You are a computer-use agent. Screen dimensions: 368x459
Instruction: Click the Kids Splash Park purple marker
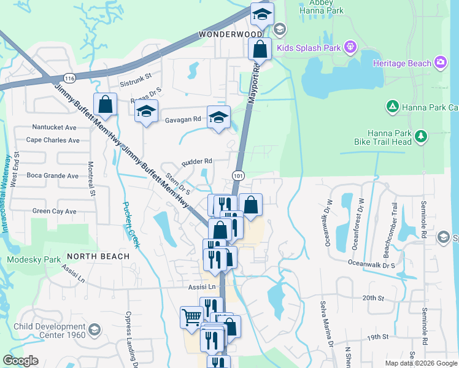[x=350, y=46]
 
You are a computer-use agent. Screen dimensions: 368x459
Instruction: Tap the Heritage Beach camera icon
[x=441, y=63]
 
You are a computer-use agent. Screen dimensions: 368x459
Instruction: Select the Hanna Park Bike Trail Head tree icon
[x=420, y=136]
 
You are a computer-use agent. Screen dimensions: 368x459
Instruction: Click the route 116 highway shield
[x=69, y=79]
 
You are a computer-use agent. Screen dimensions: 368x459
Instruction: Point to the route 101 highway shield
[x=238, y=176]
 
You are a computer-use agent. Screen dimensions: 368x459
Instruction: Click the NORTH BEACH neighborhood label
[x=98, y=256]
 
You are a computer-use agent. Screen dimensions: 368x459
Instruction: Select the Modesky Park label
[x=34, y=259]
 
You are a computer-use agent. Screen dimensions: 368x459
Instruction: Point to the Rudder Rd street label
[x=196, y=162]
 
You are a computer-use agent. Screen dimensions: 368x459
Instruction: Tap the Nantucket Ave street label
[x=54, y=128]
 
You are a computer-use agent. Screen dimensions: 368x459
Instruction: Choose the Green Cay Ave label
[x=54, y=212]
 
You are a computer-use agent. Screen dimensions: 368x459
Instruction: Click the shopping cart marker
[x=191, y=318]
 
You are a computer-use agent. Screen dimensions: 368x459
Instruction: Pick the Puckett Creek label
[x=131, y=224]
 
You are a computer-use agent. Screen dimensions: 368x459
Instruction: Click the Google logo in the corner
[x=21, y=361]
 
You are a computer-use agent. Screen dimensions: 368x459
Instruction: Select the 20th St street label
[x=372, y=297]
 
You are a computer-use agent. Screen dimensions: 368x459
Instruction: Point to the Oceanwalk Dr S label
[x=371, y=265]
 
